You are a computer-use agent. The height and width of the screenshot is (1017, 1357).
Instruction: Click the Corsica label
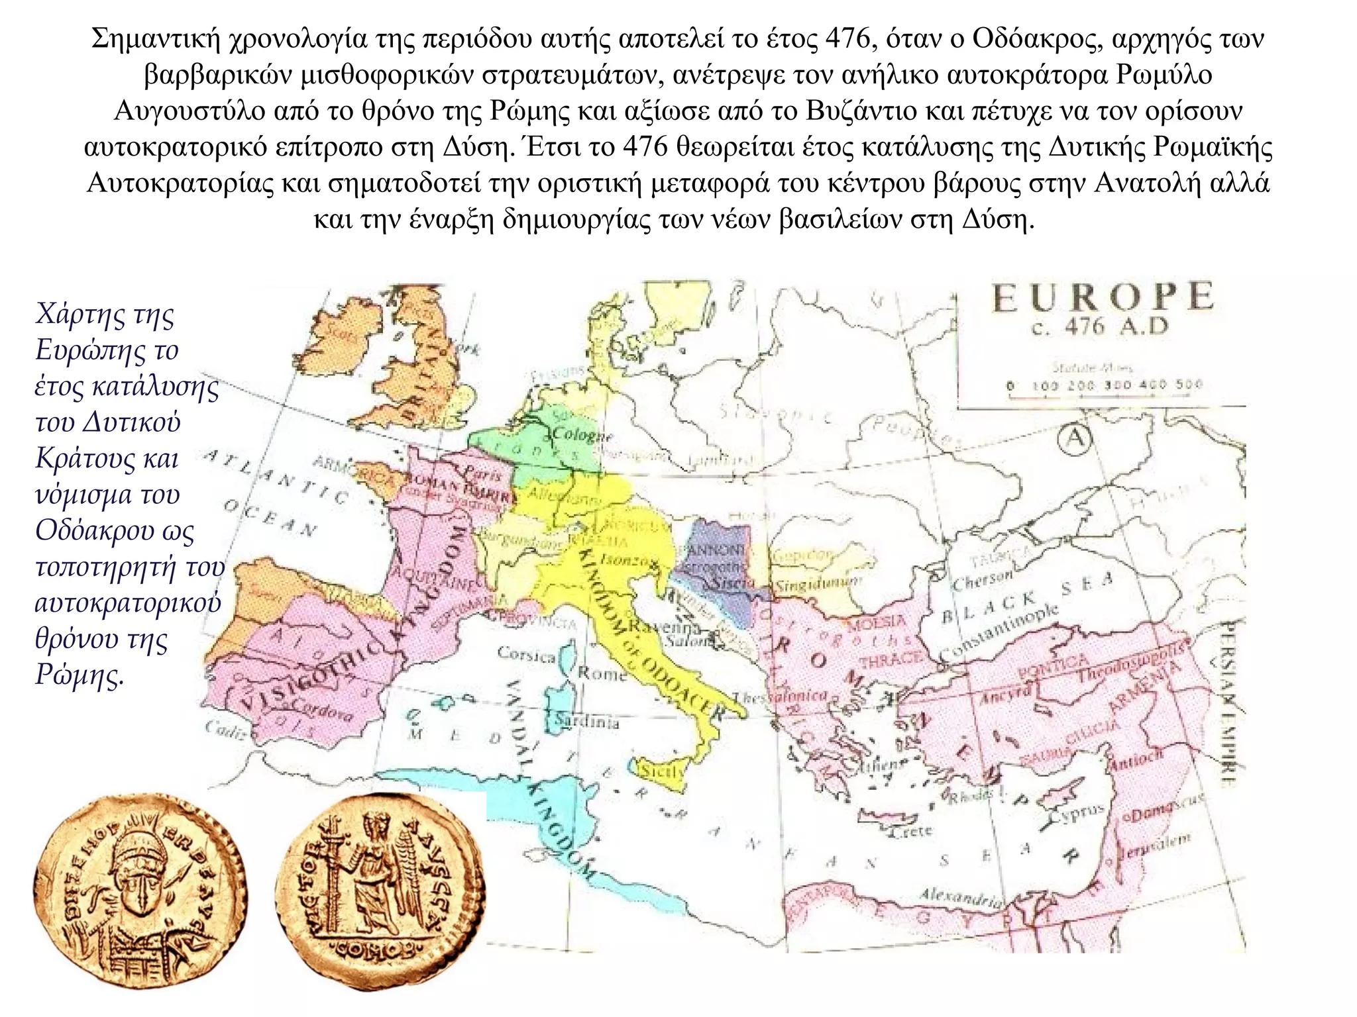[527, 655]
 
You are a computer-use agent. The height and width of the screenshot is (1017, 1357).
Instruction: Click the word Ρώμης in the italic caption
[80, 675]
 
